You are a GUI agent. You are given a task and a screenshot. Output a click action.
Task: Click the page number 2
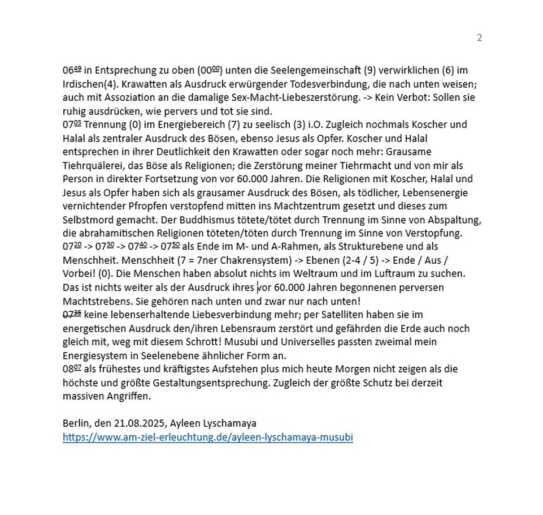pyautogui.click(x=479, y=38)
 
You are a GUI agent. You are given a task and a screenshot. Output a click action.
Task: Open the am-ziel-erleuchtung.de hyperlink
pyautogui.click(x=207, y=437)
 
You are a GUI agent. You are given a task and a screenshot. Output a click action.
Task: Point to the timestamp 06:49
pyautogui.click(x=72, y=70)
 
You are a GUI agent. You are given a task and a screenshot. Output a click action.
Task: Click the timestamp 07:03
pyautogui.click(x=72, y=125)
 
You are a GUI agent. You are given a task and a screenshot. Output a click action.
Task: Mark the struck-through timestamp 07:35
pyautogui.click(x=72, y=315)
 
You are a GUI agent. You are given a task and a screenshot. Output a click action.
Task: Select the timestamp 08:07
pyautogui.click(x=72, y=369)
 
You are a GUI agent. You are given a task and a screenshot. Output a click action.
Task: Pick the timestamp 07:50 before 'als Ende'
pyautogui.click(x=170, y=247)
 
